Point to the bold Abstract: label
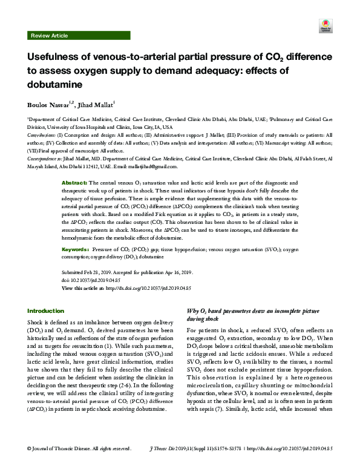(x=75, y=182)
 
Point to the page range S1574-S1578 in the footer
(x=223, y=465)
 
